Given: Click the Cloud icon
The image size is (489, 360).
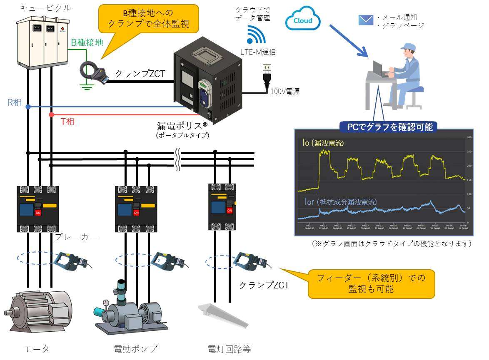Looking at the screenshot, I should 303,20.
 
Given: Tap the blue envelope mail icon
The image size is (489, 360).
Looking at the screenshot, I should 366,20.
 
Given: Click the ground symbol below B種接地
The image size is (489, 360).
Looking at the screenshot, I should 86,86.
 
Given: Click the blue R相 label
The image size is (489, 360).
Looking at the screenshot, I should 14,102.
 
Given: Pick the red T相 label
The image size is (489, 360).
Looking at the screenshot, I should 67,122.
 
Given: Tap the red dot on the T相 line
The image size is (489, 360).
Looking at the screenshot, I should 51,114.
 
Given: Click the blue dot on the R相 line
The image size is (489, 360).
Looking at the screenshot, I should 28,107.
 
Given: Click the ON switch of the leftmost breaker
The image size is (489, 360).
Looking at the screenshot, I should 38,213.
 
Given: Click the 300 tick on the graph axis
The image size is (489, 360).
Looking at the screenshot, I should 469,137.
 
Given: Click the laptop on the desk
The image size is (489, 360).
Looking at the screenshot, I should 380,68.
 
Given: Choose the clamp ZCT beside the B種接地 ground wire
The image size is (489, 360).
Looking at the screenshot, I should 93,72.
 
